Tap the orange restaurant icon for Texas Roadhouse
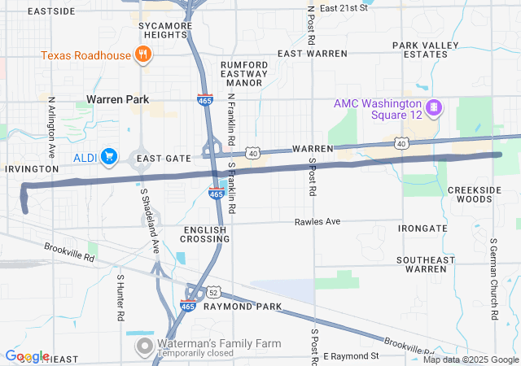point(143,55)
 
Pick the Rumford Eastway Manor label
point(244,72)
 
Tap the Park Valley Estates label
point(420,50)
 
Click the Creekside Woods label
point(470,194)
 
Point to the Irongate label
point(422,229)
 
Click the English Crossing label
point(206,234)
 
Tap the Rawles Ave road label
point(317,221)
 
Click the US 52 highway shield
point(212,292)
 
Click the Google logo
point(27,356)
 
